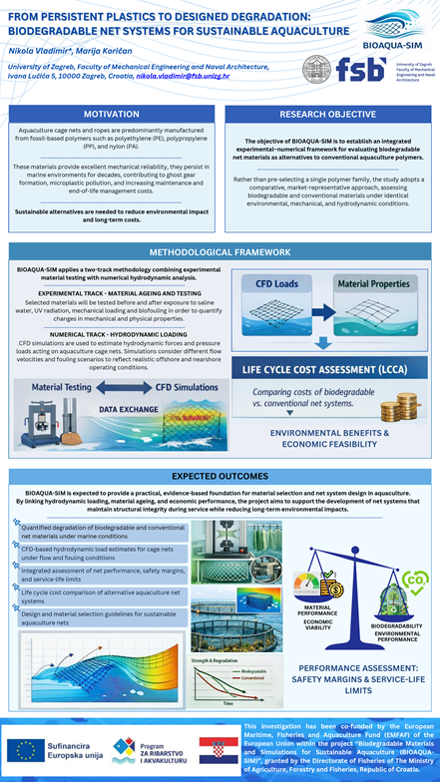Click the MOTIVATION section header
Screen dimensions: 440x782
pos(111,114)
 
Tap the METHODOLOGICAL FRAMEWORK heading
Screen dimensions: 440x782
pos(220,253)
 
